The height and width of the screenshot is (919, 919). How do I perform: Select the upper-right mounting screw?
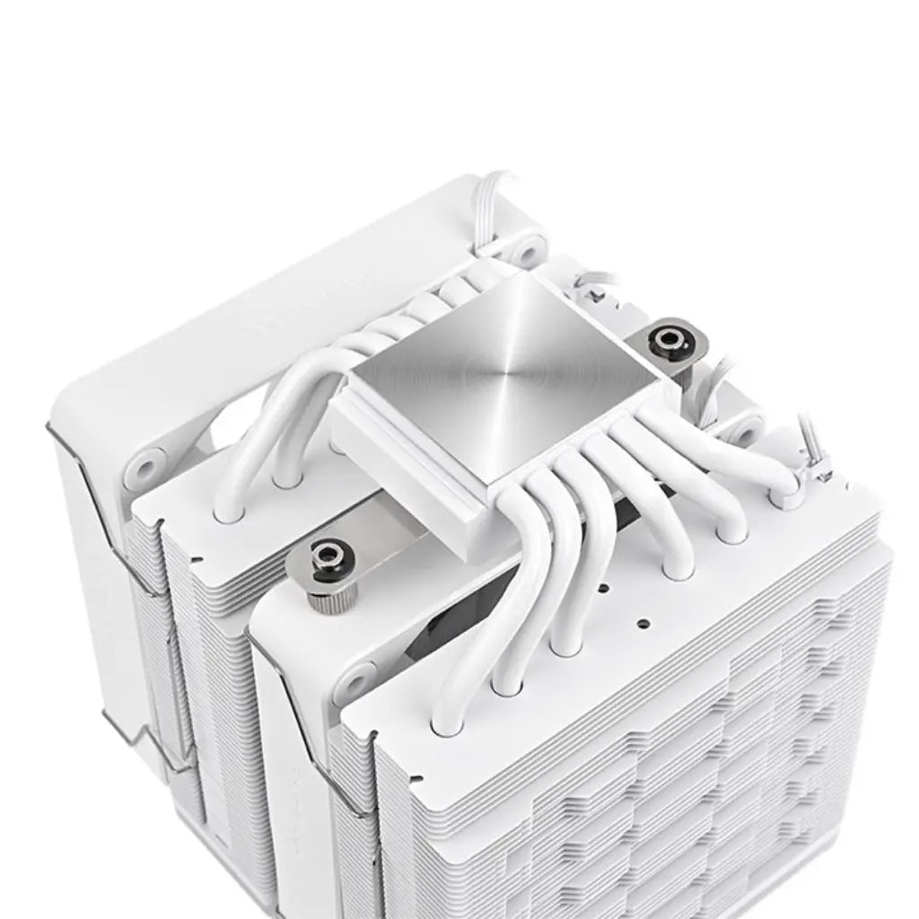[670, 340]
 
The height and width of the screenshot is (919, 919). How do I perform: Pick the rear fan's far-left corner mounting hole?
[143, 466]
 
